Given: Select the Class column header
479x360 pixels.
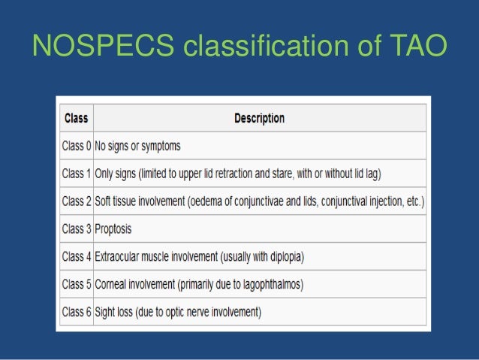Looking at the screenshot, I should point(76,118).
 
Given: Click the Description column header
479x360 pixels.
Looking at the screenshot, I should point(259,118).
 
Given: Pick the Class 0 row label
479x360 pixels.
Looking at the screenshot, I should point(76,146).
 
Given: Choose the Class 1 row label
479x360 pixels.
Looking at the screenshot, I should point(76,174).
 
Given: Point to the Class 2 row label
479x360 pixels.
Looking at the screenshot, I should point(76,201).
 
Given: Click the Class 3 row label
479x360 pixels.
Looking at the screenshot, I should point(76,229).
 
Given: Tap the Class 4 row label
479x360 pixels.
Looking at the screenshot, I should point(76,256).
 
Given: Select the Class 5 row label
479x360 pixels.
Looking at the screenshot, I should point(76,284).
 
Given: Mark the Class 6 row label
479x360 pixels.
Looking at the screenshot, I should point(76,312).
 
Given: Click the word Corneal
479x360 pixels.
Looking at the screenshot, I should point(113,284).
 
